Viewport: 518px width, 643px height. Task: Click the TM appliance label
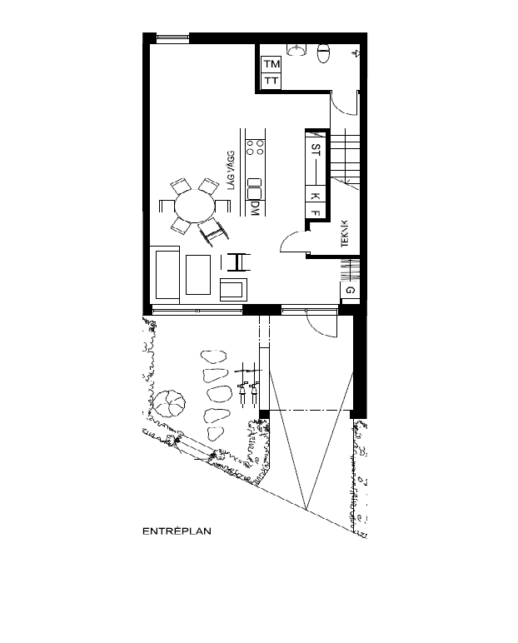[271, 64]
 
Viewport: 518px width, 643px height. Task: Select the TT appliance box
[271, 80]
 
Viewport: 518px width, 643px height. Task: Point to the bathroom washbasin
[296, 47]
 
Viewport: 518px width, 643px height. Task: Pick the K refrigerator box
[316, 196]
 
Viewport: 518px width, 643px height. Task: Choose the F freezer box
[316, 212]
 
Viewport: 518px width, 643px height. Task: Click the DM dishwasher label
[257, 208]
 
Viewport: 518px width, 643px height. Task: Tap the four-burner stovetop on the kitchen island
[257, 151]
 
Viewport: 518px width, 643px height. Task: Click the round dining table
[193, 206]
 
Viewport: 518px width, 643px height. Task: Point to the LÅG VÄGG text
[234, 171]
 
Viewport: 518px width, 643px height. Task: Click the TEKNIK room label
[345, 232]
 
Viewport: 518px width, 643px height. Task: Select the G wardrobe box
[350, 290]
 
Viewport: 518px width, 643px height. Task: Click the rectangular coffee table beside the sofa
[198, 275]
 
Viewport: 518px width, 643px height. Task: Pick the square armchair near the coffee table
[233, 289]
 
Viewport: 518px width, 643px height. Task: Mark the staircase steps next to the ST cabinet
[345, 153]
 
